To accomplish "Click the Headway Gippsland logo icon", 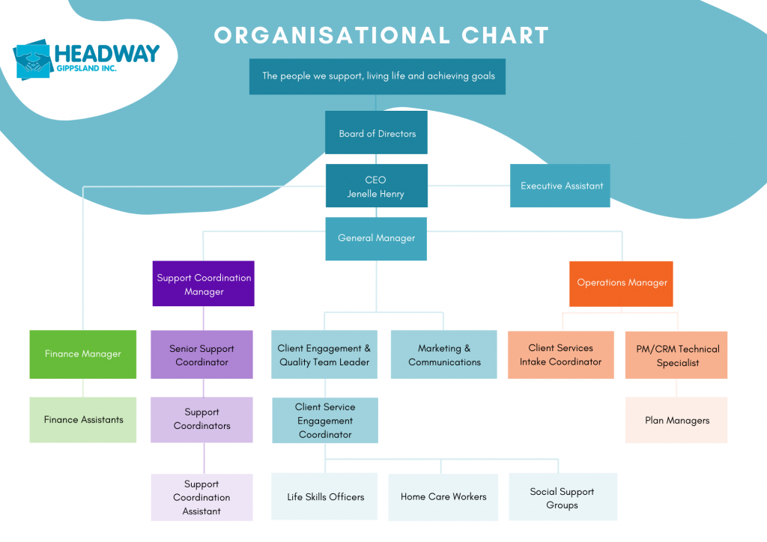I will click(32, 60).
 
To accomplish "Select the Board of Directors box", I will click(377, 133).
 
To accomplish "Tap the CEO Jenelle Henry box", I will click(376, 186).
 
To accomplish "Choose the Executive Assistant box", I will click(561, 186).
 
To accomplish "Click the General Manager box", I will click(376, 238).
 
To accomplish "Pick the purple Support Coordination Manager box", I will click(204, 284).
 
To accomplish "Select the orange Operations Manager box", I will click(621, 283).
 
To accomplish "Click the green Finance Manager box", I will click(82, 354).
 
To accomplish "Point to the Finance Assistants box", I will click(83, 420).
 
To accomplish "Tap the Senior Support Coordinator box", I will click(201, 355).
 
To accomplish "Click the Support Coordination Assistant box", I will click(201, 497).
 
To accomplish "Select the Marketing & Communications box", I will click(444, 355).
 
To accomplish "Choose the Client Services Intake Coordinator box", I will click(560, 355).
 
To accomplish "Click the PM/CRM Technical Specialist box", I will click(677, 356).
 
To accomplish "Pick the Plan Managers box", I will click(676, 420).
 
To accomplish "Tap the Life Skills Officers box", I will click(325, 496).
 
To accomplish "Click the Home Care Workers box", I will click(443, 496).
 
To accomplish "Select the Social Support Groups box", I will click(562, 498).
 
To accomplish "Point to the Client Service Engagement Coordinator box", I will click(325, 420).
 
